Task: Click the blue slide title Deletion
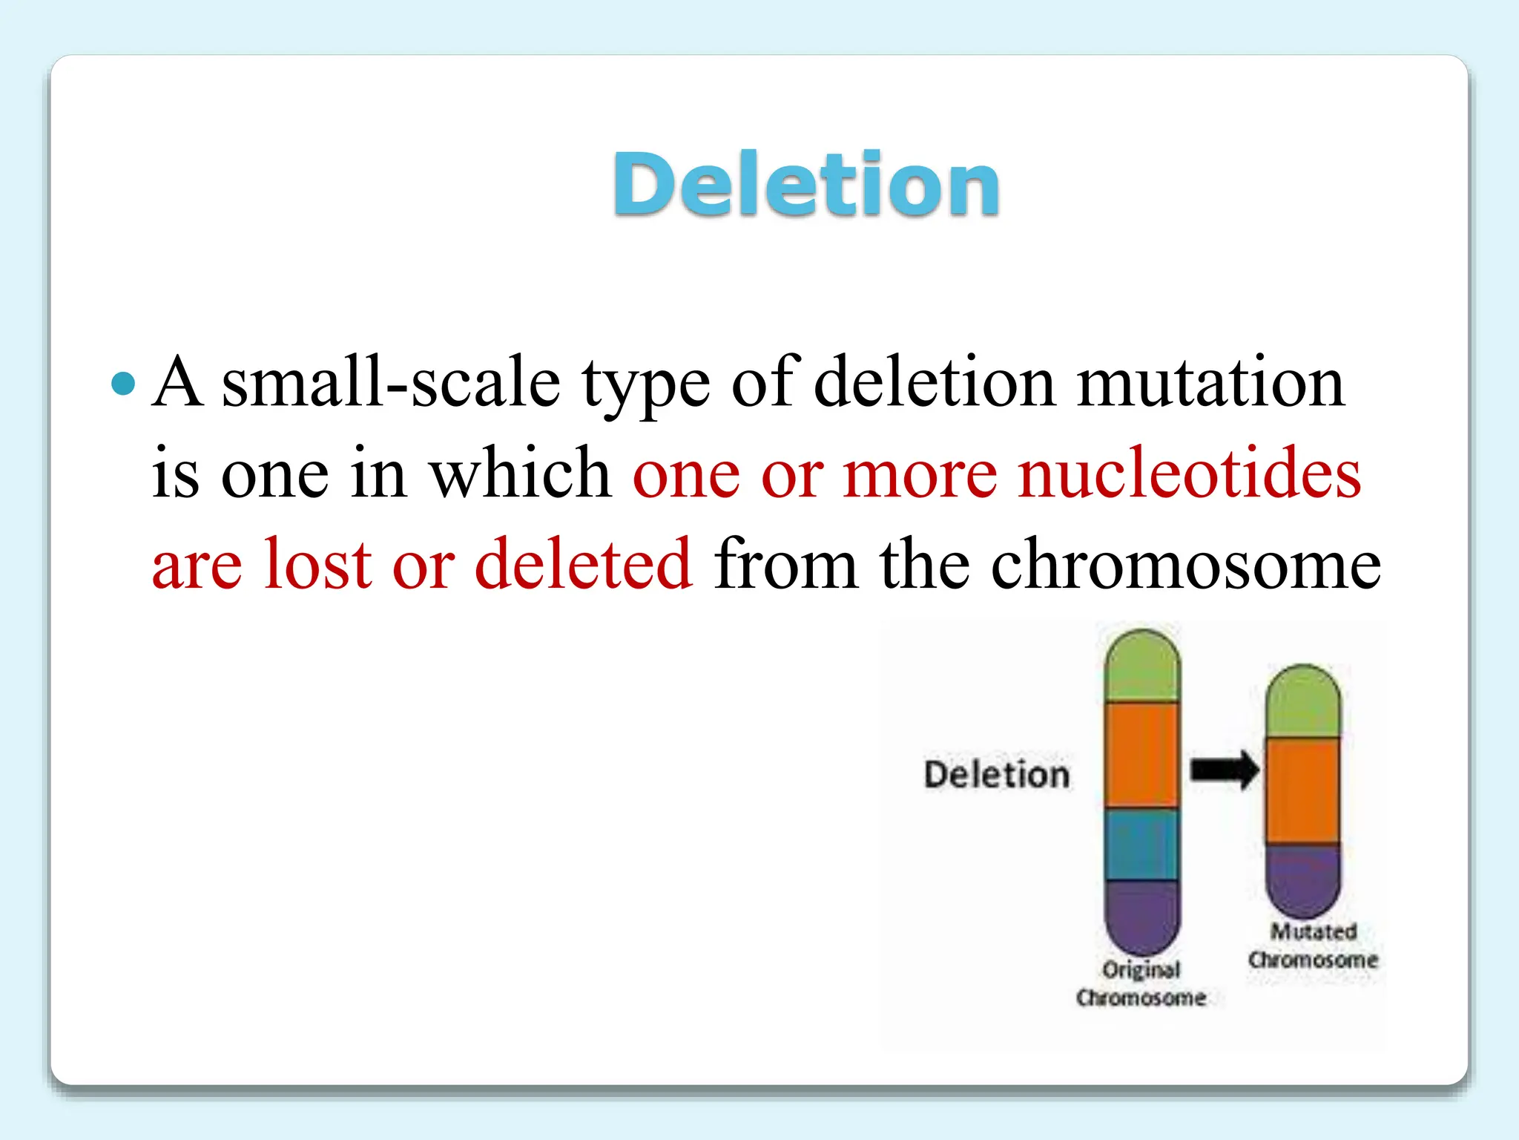pyautogui.click(x=806, y=184)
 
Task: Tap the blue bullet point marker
pyautogui.click(x=123, y=384)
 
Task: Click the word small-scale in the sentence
pyautogui.click(x=391, y=383)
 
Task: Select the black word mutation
pyautogui.click(x=1210, y=383)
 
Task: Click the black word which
pyautogui.click(x=521, y=474)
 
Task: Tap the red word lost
pyautogui.click(x=317, y=564)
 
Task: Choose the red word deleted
pyautogui.click(x=583, y=564)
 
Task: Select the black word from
pyautogui.click(x=785, y=564)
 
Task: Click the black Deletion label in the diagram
pyautogui.click(x=997, y=774)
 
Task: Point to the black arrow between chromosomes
pyautogui.click(x=1224, y=770)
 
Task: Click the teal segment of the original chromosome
pyautogui.click(x=1141, y=844)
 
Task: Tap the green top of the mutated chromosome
pyautogui.click(x=1302, y=702)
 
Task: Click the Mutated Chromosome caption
pyautogui.click(x=1313, y=946)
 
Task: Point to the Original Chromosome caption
pyautogui.click(x=1141, y=983)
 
